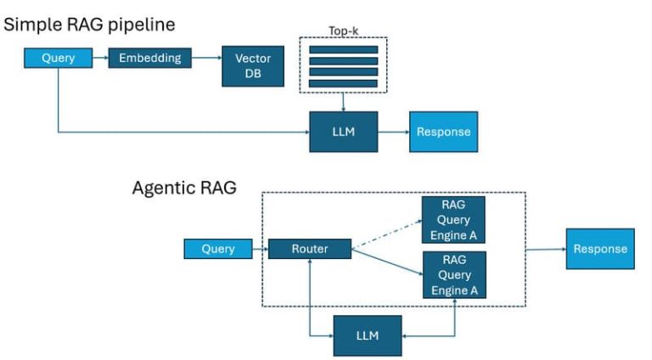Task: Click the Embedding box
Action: pos(149,59)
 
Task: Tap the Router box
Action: pos(309,249)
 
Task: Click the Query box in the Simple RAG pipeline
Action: pos(58,59)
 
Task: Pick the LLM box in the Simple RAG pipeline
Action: pos(342,132)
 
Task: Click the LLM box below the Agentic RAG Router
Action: pos(367,335)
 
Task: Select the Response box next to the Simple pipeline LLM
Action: pos(442,132)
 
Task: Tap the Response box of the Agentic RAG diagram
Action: pos(599,249)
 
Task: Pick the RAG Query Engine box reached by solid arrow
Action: pos(453,274)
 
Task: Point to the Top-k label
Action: pos(344,31)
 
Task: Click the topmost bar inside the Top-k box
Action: pos(343,49)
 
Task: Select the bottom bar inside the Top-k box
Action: pos(343,82)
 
